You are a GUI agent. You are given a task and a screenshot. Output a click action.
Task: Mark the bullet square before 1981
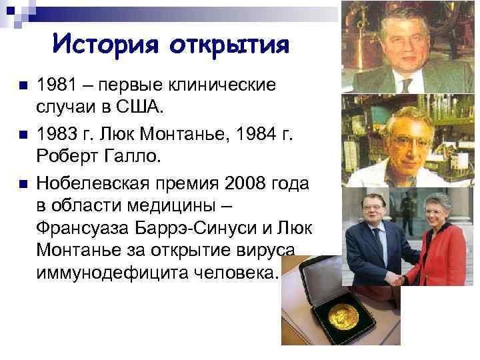pyautogui.click(x=22, y=86)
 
